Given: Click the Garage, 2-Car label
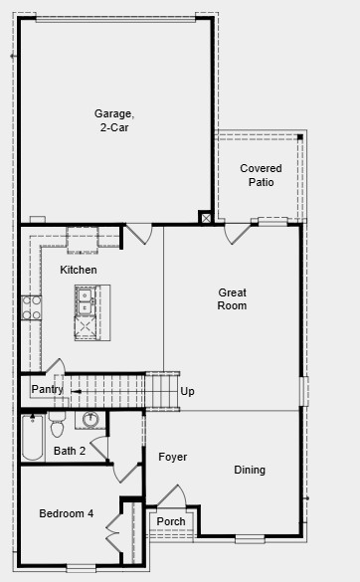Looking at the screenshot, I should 114,120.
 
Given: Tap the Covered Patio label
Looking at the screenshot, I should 261,175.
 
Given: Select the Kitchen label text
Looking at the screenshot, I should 79,270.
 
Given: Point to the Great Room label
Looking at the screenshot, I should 233,298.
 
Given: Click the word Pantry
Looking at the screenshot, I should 47,389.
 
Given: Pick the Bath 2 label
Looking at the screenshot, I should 70,451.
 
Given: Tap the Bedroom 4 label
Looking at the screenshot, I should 66,513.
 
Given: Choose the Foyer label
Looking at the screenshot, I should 172,457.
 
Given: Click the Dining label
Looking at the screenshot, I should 250,470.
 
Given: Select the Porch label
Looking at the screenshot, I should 171,521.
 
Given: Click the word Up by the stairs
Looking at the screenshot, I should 187,391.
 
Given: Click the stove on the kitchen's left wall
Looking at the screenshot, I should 32,306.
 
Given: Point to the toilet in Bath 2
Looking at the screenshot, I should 57,426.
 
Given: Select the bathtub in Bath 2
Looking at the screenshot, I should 32,438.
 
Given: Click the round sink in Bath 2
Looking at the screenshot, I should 90,419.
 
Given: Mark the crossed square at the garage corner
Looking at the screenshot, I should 205,218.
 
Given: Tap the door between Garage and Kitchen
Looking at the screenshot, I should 137,234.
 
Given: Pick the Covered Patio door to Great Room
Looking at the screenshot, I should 238,233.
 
